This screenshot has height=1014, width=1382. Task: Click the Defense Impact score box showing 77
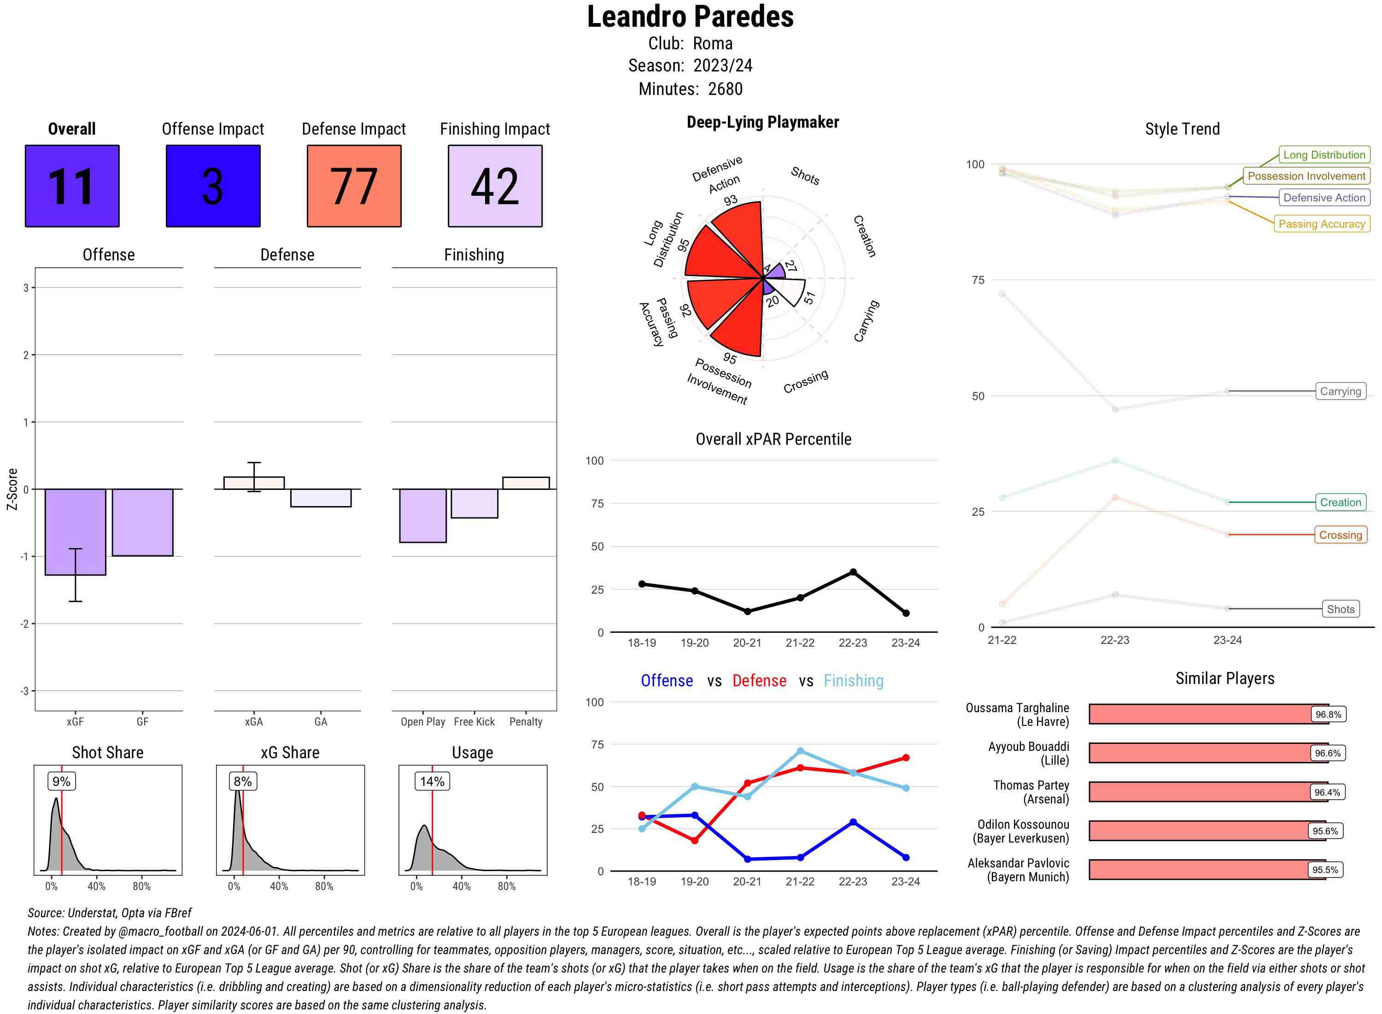(354, 186)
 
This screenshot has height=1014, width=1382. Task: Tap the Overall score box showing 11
(72, 186)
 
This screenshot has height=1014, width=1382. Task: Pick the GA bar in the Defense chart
(321, 498)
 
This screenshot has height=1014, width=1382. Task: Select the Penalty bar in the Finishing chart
(526, 483)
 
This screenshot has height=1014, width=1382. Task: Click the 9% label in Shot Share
(61, 781)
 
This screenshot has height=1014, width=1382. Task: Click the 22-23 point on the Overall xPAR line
(853, 572)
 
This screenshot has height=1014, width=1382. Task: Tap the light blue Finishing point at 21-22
(800, 751)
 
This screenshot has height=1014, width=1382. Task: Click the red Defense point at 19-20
(694, 840)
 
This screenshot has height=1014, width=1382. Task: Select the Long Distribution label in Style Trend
(1324, 155)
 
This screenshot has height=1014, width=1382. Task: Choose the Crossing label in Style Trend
(1340, 535)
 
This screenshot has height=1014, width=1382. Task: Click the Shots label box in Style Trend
(1340, 609)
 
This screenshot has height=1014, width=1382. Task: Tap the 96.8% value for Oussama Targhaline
(1328, 714)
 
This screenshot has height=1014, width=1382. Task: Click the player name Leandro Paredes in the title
(690, 17)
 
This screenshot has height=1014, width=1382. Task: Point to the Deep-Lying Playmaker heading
(762, 122)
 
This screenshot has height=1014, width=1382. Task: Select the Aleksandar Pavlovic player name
(1018, 870)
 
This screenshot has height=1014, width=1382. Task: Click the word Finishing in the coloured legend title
(853, 681)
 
